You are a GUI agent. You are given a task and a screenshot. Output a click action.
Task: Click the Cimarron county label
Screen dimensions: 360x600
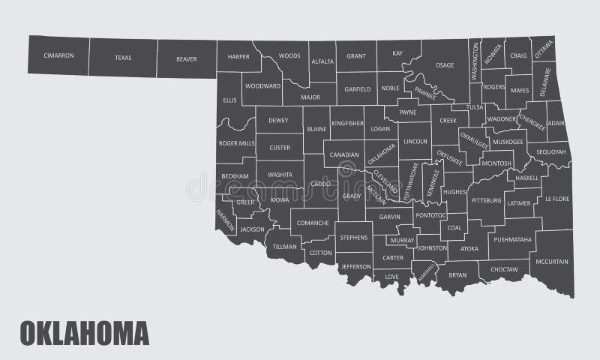click(x=58, y=55)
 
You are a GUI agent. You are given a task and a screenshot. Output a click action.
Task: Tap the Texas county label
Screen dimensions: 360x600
click(x=123, y=57)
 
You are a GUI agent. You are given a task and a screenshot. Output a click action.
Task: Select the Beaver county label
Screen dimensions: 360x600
click(x=186, y=58)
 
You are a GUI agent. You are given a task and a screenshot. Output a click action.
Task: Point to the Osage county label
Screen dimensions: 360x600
click(x=445, y=65)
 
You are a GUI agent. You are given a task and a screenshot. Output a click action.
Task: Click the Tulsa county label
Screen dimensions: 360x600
click(x=475, y=107)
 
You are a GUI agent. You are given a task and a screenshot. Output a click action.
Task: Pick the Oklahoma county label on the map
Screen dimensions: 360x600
click(x=382, y=154)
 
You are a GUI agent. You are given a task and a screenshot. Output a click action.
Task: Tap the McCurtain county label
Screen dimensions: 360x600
click(x=553, y=262)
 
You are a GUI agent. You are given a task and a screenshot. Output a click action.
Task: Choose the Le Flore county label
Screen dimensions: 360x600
click(x=557, y=199)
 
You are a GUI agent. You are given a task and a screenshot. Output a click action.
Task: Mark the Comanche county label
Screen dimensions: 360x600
click(x=313, y=223)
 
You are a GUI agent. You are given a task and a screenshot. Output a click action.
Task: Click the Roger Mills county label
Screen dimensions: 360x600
click(x=236, y=142)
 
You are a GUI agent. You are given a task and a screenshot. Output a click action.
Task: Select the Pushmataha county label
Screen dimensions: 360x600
click(x=514, y=240)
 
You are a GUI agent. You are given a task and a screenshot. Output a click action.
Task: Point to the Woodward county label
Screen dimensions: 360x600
click(x=262, y=86)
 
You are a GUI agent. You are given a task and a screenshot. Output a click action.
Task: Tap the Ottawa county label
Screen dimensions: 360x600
click(x=544, y=49)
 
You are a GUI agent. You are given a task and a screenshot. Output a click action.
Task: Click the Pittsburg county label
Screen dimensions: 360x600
click(x=485, y=200)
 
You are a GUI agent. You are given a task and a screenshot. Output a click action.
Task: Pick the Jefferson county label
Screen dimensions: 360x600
click(x=355, y=266)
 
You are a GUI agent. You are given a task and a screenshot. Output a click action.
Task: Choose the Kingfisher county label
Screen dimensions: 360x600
click(x=347, y=122)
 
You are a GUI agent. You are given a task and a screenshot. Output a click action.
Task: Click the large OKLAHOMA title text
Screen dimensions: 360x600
click(x=84, y=332)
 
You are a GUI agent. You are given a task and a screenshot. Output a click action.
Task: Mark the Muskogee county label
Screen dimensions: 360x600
click(x=508, y=141)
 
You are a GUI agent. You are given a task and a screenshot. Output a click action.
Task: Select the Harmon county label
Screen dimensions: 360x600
click(x=225, y=220)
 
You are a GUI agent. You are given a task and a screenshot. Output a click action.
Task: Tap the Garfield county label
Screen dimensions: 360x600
click(x=357, y=88)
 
